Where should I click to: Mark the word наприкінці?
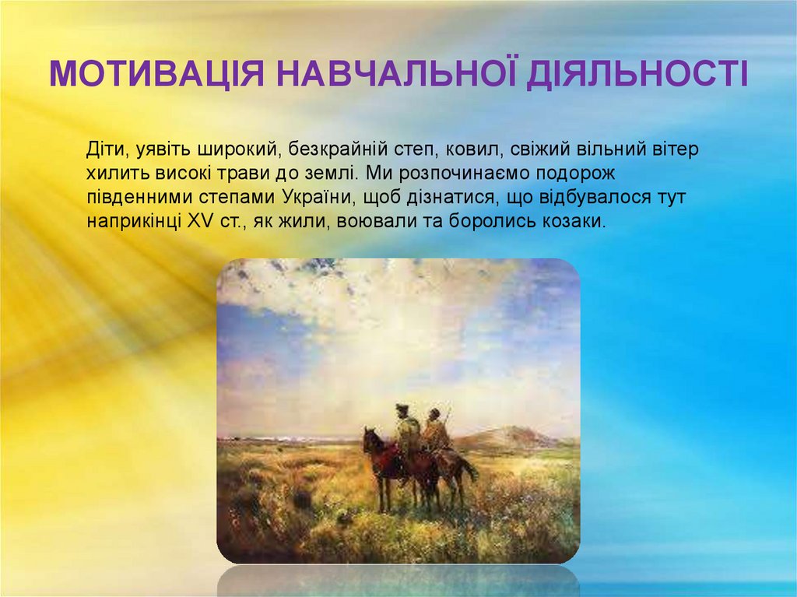tap(133, 221)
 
